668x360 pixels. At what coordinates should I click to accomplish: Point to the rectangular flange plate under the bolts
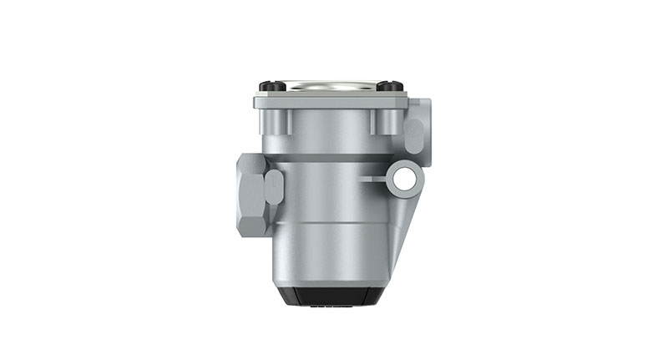point(331,101)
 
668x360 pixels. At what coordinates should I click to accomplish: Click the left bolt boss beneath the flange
point(278,121)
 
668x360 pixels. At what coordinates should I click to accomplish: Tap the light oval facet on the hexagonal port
point(274,187)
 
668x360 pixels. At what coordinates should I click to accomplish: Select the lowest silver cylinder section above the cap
point(330,255)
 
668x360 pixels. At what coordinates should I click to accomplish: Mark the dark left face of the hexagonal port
point(244,194)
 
